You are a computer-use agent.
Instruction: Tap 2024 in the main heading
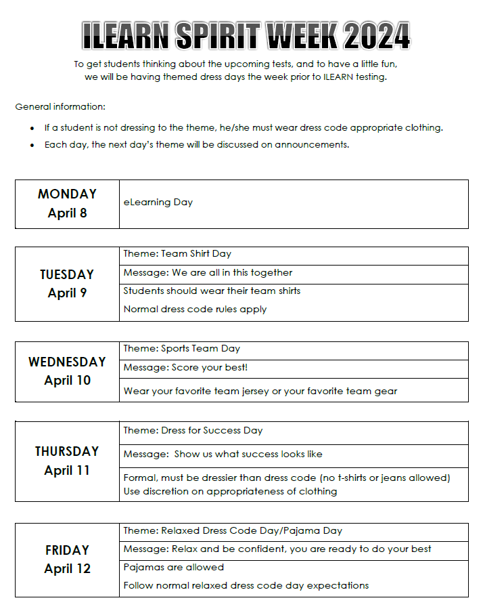click(375, 36)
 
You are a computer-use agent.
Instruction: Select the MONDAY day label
click(67, 194)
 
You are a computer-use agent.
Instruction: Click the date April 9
click(67, 293)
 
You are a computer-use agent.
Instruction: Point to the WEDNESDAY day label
click(67, 362)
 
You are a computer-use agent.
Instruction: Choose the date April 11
click(67, 470)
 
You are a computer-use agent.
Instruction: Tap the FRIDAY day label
click(67, 550)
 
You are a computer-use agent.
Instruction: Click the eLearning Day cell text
click(158, 202)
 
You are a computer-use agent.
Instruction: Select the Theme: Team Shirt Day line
click(177, 254)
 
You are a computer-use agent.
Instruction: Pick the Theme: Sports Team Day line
click(181, 349)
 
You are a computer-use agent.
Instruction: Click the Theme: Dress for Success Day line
click(193, 430)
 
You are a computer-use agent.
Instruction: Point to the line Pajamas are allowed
click(173, 567)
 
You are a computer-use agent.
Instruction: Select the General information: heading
click(60, 107)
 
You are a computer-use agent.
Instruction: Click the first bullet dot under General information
click(32, 128)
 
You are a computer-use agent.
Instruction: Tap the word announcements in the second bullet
click(312, 145)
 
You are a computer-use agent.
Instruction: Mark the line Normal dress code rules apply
click(195, 310)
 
